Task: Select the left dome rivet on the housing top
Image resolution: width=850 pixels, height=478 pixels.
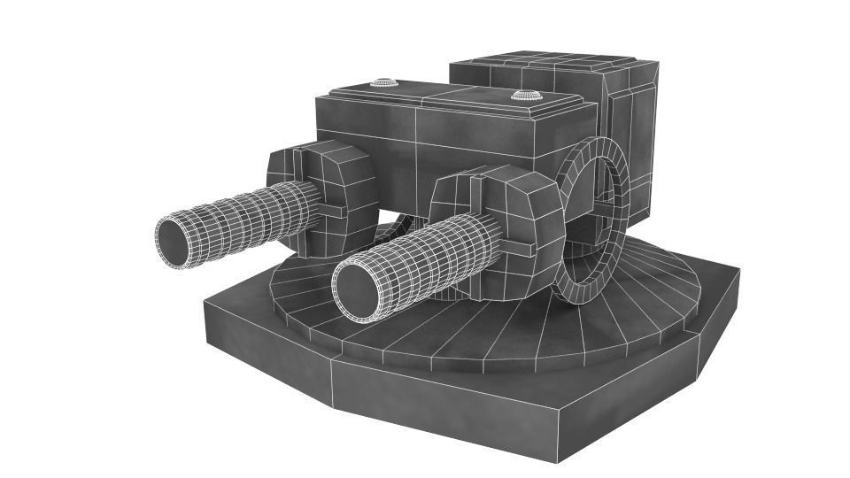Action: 383,83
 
